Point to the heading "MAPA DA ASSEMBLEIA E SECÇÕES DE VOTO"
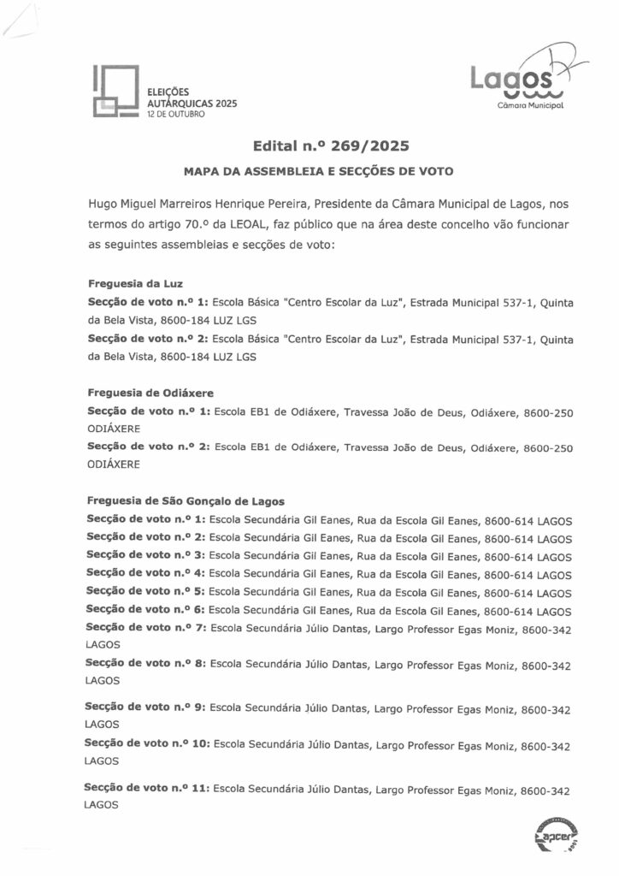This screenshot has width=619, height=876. (x=317, y=171)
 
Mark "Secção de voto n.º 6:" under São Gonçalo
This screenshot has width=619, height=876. (x=145, y=610)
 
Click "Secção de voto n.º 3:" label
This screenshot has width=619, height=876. (x=145, y=555)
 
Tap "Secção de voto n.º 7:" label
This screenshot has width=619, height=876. (x=145, y=629)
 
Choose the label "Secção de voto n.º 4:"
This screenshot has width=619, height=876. (x=145, y=574)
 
